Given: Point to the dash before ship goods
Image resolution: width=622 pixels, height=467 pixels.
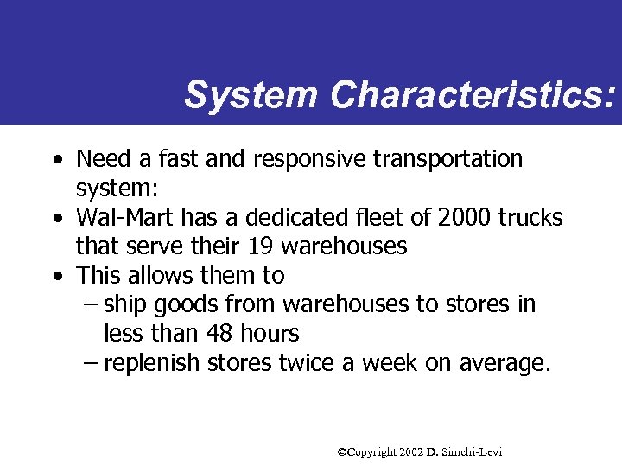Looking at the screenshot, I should coord(90,305).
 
